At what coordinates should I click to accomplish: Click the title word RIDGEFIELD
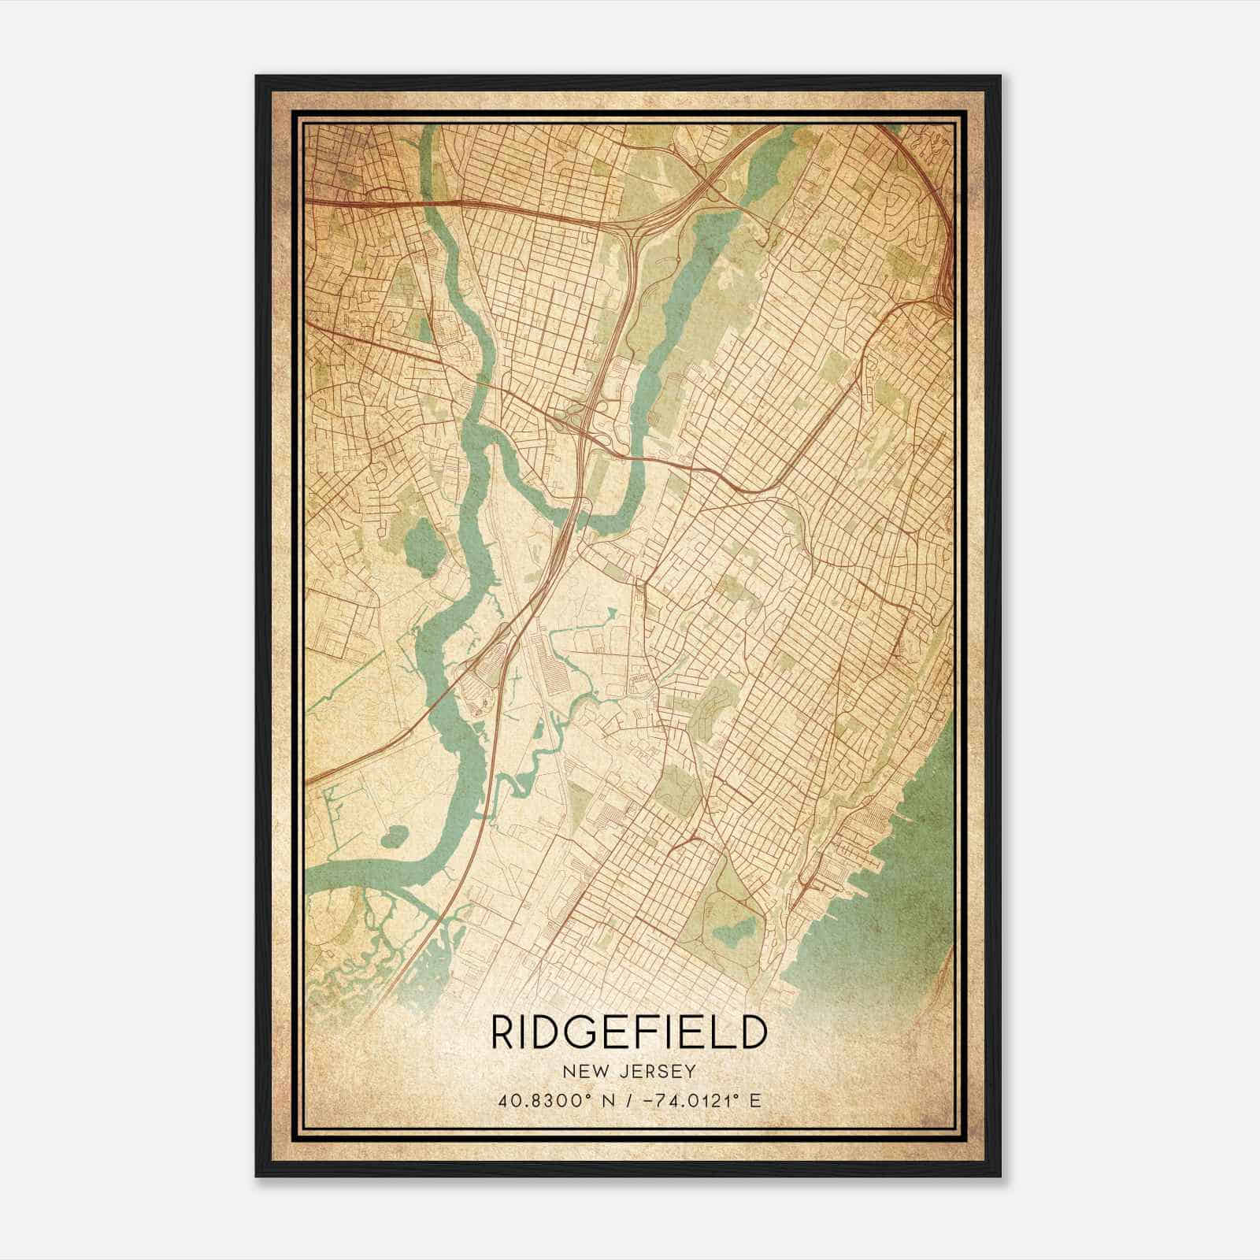click(628, 1033)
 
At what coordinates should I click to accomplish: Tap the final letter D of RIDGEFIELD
click(753, 1033)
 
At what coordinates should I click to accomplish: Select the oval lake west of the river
click(415, 543)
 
